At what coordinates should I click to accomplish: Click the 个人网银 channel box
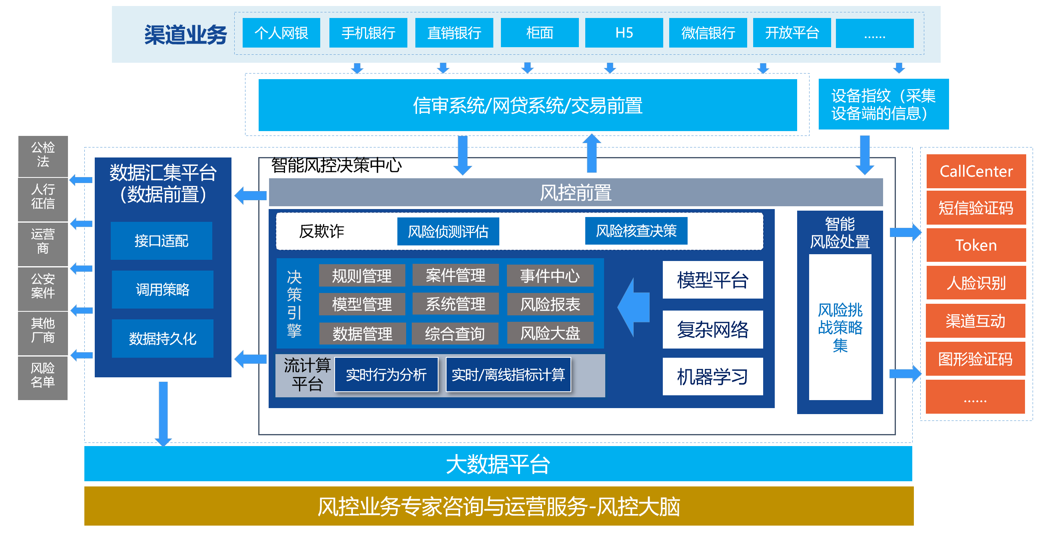coord(281,33)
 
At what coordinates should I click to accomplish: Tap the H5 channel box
coord(624,33)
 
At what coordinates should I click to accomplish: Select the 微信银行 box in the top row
coord(708,33)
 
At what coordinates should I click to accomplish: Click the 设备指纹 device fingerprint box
coord(883,104)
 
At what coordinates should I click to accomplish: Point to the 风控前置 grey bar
coord(575,192)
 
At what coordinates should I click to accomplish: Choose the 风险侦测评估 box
coord(448,231)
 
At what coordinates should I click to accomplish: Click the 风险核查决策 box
coord(636,231)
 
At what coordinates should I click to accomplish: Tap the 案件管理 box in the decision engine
coord(455,275)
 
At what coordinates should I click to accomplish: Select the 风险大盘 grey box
coord(550,333)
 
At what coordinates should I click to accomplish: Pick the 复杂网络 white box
coord(712,329)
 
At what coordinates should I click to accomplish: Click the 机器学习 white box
coord(712,377)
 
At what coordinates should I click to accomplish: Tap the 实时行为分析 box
coord(386,375)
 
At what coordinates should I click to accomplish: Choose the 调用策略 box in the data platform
coord(162,289)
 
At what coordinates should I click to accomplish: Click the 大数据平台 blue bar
coord(498,464)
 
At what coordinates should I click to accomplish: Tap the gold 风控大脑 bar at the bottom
coord(499,506)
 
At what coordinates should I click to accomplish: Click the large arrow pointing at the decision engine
coord(634,307)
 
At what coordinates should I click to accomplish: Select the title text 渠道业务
coord(185,35)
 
